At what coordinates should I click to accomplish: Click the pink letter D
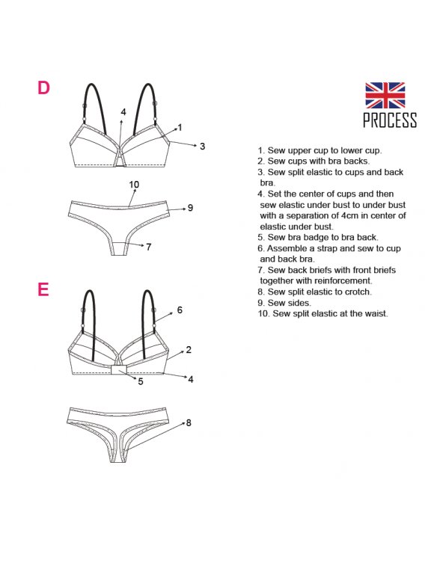[x=43, y=87]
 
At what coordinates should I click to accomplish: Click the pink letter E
[x=43, y=289]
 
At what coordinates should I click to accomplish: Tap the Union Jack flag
[x=385, y=95]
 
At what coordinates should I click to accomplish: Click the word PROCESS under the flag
[x=390, y=120]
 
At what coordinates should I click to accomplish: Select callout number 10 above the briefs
[x=134, y=185]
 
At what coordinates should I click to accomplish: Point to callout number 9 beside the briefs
[x=190, y=208]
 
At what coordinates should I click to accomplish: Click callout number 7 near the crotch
[x=148, y=247]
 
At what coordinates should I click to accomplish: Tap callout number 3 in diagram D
[x=202, y=147]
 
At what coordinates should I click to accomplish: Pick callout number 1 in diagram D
[x=180, y=127]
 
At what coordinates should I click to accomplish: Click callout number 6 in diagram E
[x=180, y=310]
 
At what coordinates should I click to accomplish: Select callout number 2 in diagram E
[x=189, y=350]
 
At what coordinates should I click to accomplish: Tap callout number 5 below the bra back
[x=141, y=381]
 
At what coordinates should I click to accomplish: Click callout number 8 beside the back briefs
[x=189, y=422]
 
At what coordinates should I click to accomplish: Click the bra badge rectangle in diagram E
[x=118, y=369]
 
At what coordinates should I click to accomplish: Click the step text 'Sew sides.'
[x=289, y=303]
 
